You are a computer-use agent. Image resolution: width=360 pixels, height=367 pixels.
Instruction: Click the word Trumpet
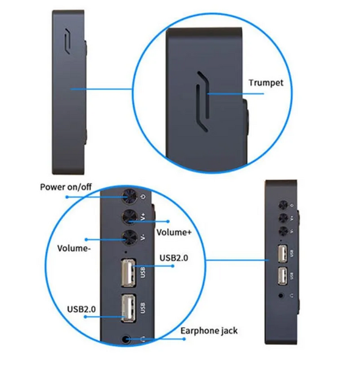266,83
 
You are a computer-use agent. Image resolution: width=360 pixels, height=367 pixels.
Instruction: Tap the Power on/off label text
66,187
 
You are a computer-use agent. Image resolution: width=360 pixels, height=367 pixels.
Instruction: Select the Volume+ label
174,232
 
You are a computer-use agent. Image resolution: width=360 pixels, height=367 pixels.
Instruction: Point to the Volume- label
74,248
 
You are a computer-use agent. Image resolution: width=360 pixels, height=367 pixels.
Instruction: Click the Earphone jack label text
209,331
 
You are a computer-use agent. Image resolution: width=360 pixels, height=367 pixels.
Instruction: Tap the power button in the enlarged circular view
129,196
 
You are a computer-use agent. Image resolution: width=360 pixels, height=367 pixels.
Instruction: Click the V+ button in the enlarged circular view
130,217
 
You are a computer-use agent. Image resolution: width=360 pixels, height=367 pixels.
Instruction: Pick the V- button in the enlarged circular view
130,237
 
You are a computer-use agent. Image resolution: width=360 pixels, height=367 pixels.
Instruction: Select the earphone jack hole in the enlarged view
127,339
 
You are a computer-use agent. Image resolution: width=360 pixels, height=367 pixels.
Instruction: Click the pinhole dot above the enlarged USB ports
127,252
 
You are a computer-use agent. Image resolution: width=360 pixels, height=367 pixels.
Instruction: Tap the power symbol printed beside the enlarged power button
143,196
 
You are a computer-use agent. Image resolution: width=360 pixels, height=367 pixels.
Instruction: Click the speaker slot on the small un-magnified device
68,42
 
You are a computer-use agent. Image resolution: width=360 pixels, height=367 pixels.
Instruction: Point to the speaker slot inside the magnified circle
202,101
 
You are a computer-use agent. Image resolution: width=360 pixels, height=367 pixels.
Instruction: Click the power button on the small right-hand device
283,206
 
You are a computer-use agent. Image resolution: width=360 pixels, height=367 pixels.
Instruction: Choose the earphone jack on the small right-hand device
281,295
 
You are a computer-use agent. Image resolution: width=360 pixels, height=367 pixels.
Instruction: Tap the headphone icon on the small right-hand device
292,295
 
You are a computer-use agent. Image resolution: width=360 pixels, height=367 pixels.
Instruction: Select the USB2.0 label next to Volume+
174,258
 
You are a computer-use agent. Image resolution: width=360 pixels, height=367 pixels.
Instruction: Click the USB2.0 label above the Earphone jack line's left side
81,309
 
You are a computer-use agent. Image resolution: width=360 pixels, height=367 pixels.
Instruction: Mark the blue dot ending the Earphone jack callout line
184,339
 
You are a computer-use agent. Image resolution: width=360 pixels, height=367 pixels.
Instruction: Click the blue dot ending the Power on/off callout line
67,197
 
